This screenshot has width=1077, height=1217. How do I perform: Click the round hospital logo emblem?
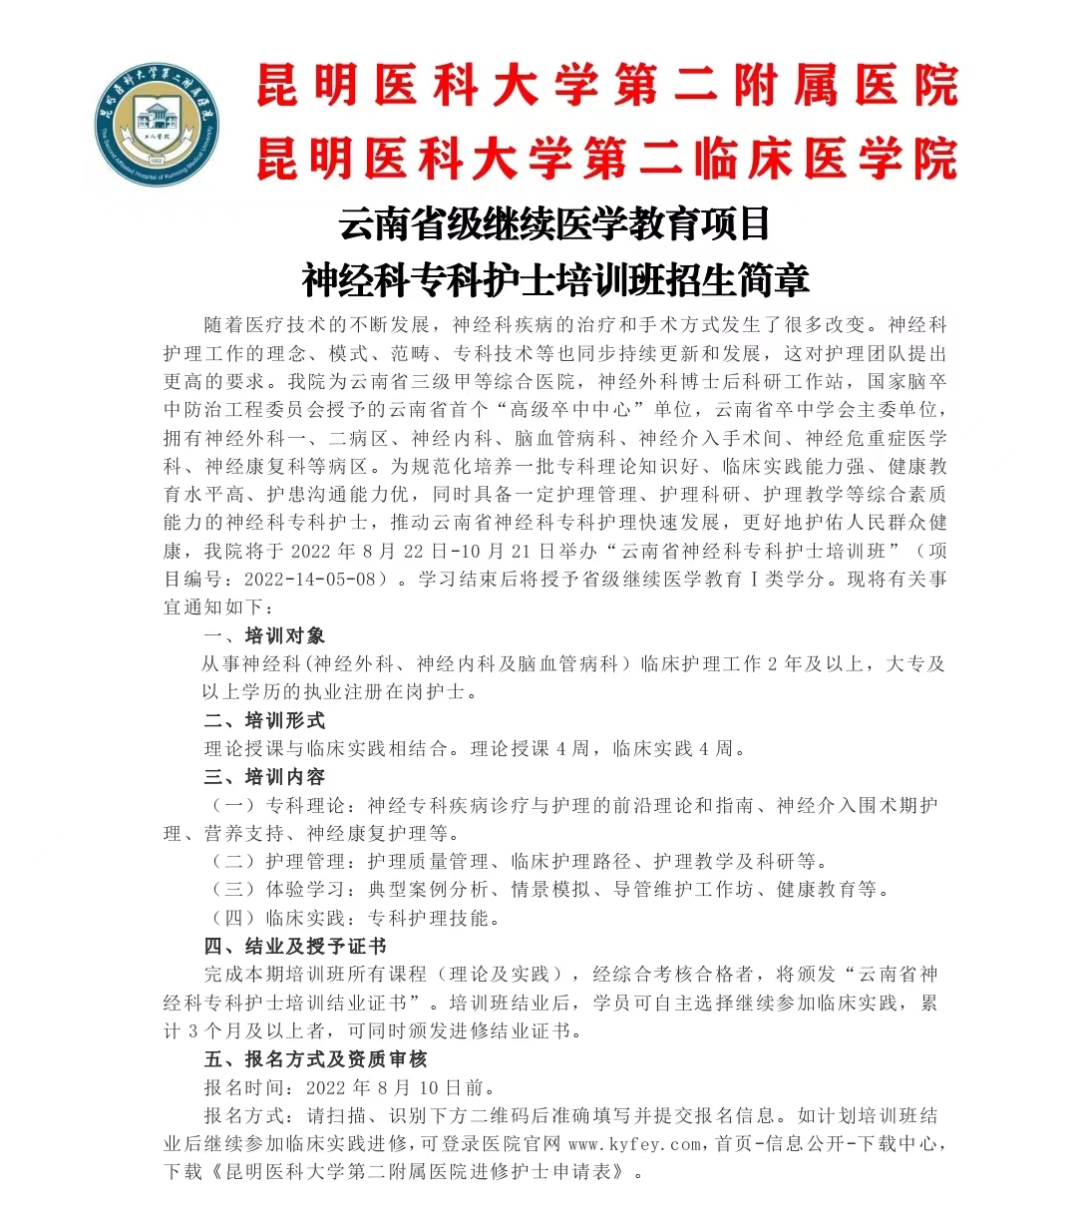point(159,118)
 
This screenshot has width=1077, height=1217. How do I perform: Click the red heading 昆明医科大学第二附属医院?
point(606,86)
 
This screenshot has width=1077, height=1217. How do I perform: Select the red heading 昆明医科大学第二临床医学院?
point(606,159)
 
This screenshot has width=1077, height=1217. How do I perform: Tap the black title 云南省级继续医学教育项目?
point(554,223)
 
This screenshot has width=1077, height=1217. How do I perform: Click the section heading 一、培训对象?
point(264,636)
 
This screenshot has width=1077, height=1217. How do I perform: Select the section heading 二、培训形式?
point(264,720)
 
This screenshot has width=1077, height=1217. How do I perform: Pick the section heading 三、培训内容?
point(264,777)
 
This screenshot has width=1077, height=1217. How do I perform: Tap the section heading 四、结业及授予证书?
point(295,947)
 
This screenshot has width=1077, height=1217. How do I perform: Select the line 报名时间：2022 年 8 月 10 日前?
point(350,1087)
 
